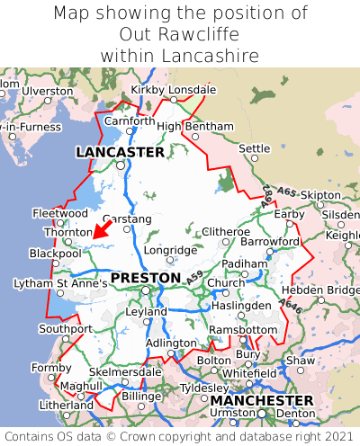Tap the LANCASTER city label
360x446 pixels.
tap(120, 153)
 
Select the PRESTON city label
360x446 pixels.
tap(145, 278)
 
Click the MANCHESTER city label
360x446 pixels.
tap(261, 399)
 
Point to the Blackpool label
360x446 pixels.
tap(55, 254)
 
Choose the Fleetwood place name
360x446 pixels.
tap(59, 214)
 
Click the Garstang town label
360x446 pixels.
tap(128, 219)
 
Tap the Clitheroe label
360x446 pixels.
tap(225, 232)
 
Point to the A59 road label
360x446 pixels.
tap(196, 283)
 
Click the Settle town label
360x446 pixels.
tap(254, 148)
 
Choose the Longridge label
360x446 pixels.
tap(169, 250)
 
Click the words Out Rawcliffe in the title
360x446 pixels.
tap(179, 34)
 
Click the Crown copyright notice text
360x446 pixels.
tap(179, 436)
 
